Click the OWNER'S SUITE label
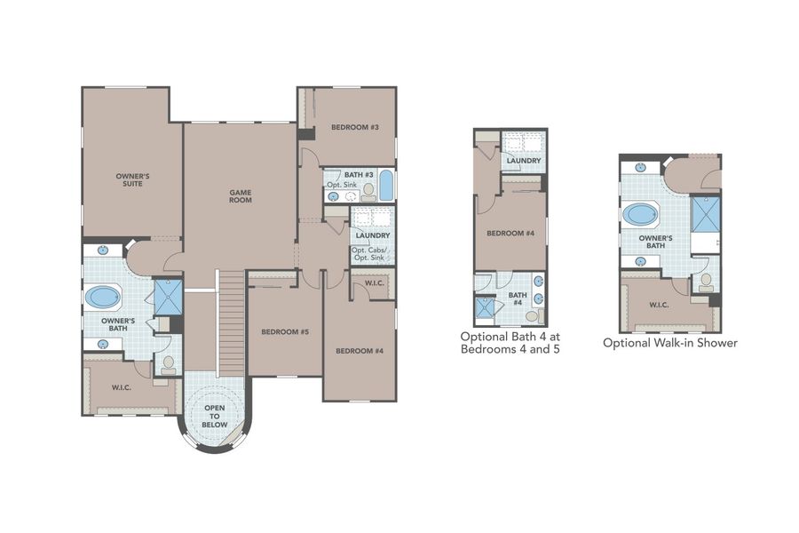tap(132, 180)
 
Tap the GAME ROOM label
tap(241, 195)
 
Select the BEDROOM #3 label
tap(355, 127)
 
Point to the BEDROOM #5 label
tap(285, 331)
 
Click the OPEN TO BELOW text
tap(214, 418)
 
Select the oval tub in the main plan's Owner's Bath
tap(104, 296)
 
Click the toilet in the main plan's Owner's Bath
tap(168, 364)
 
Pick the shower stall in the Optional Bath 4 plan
tap(485, 307)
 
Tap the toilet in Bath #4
tap(532, 315)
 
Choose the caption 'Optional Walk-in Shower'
tap(669, 342)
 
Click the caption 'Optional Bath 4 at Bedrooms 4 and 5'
tap(510, 343)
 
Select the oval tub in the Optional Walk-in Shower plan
tap(640, 214)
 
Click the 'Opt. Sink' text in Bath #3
tap(341, 185)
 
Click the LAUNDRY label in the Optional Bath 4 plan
tap(524, 161)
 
